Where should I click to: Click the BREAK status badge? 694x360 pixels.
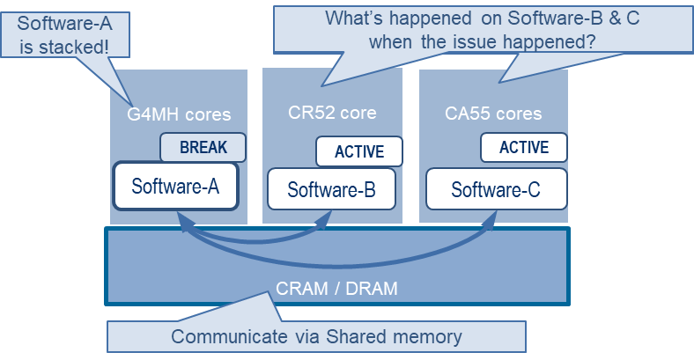203,148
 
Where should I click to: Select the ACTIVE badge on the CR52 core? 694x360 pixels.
359,151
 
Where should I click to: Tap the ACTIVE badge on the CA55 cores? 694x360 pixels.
524,148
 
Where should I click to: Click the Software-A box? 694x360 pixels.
176,186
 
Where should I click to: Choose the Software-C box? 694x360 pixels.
495,189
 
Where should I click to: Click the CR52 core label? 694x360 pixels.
332,113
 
